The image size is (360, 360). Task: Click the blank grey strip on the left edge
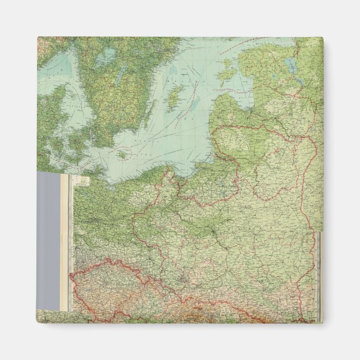click(x=48, y=240)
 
